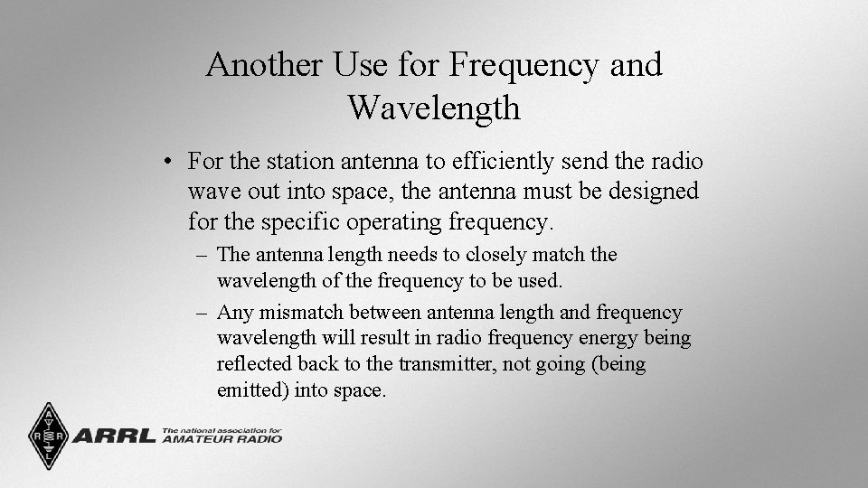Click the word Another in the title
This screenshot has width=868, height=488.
[x=263, y=65]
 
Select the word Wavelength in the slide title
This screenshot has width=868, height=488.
[x=434, y=108]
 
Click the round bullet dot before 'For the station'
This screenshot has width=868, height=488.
[x=169, y=163]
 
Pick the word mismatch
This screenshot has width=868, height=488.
[x=300, y=313]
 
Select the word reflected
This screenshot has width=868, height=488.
[x=254, y=364]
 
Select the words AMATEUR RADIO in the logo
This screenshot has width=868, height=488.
[x=221, y=439]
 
